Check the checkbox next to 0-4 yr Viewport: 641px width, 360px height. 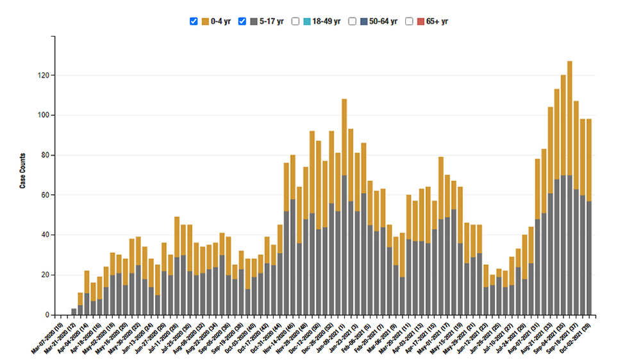[194, 21]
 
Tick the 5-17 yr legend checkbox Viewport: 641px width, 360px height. [242, 21]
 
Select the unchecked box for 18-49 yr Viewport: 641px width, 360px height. [296, 21]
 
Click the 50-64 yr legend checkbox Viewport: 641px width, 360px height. [352, 21]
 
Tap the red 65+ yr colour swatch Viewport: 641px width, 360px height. [420, 21]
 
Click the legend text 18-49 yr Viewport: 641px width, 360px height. [326, 21]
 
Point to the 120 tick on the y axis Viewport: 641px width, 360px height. [43, 76]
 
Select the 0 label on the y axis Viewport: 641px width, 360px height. [47, 315]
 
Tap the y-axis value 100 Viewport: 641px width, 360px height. [43, 115]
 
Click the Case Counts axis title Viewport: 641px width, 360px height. [22, 170]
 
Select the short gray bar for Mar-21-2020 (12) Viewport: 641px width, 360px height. [74, 312]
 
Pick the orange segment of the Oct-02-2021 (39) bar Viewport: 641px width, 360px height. [588, 160]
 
